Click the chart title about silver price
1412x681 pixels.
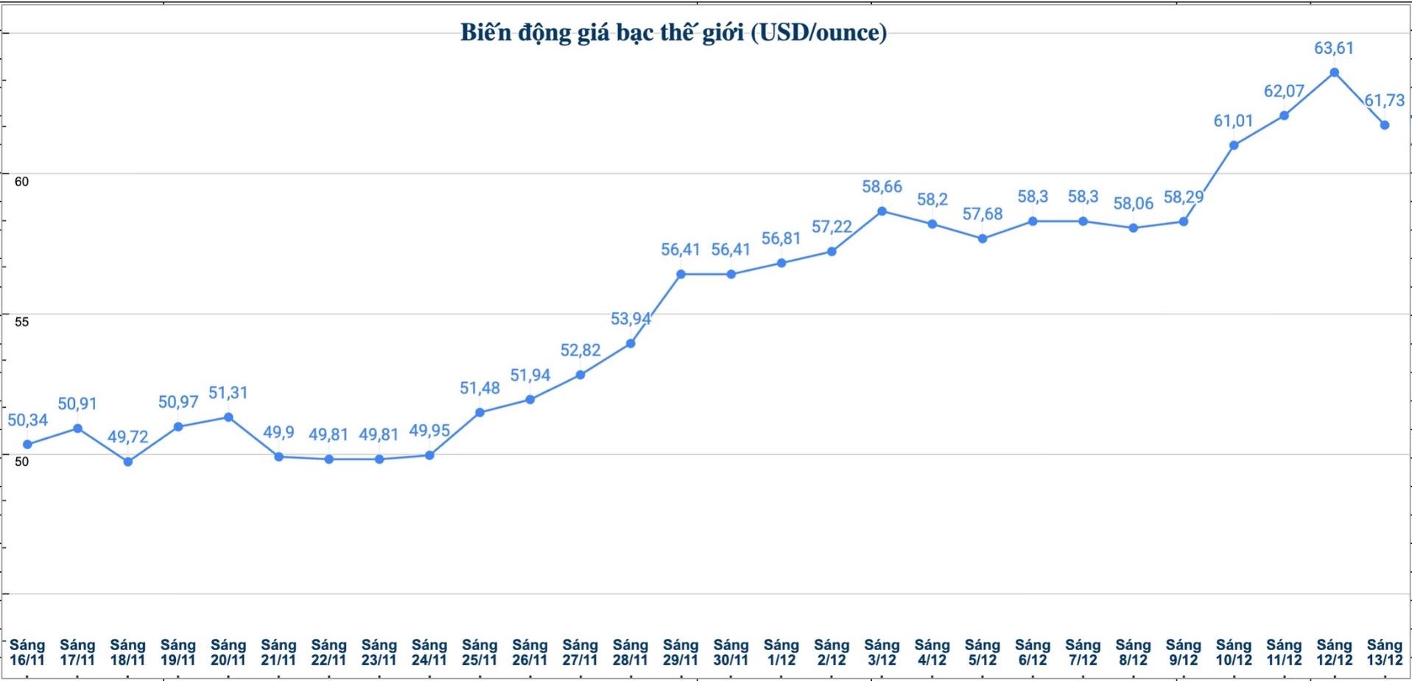(673, 33)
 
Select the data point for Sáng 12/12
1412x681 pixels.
(1334, 73)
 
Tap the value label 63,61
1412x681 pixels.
(1334, 49)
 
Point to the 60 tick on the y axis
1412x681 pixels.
(21, 181)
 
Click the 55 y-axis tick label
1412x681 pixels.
(21, 322)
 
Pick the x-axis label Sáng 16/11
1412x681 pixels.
(27, 652)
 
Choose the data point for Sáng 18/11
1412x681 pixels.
(128, 462)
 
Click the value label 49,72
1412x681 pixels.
(128, 437)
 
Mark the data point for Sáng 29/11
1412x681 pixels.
(681, 274)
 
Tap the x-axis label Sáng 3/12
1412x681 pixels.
(882, 652)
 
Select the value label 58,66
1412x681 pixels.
(882, 187)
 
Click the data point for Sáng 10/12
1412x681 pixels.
(1234, 145)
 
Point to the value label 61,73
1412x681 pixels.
(1385, 101)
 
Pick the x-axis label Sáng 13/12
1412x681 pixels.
(1385, 652)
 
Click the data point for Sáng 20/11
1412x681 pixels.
(228, 417)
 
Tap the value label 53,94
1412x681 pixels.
(631, 319)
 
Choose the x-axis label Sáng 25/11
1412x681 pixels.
(480, 652)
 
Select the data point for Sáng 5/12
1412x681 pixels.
(983, 239)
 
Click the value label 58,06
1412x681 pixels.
(1134, 204)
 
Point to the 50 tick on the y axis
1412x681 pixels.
(21, 462)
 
